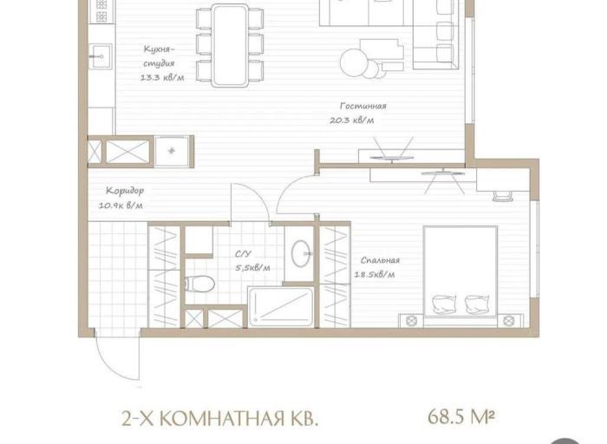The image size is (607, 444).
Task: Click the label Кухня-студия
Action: tap(159, 55)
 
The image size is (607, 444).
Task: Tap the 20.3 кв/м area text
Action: tap(352, 121)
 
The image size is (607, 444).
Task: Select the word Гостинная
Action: tap(363, 106)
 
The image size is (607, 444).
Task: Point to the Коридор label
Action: tap(125, 191)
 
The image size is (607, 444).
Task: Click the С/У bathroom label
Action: tap(243, 254)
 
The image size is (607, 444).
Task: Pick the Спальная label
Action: tap(380, 260)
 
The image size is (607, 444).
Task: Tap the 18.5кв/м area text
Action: tap(375, 275)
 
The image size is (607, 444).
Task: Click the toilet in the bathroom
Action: tap(199, 284)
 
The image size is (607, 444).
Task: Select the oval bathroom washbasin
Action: tap(301, 253)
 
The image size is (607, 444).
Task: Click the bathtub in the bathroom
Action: tap(281, 307)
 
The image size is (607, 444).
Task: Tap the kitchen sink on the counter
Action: tap(101, 56)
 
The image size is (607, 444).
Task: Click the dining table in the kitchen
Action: tap(230, 45)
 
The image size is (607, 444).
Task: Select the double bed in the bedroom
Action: tap(460, 272)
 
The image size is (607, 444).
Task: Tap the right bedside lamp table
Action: tap(508, 321)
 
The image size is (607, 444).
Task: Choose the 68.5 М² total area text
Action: tap(461, 417)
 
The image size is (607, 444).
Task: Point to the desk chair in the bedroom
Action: tap(502, 195)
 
